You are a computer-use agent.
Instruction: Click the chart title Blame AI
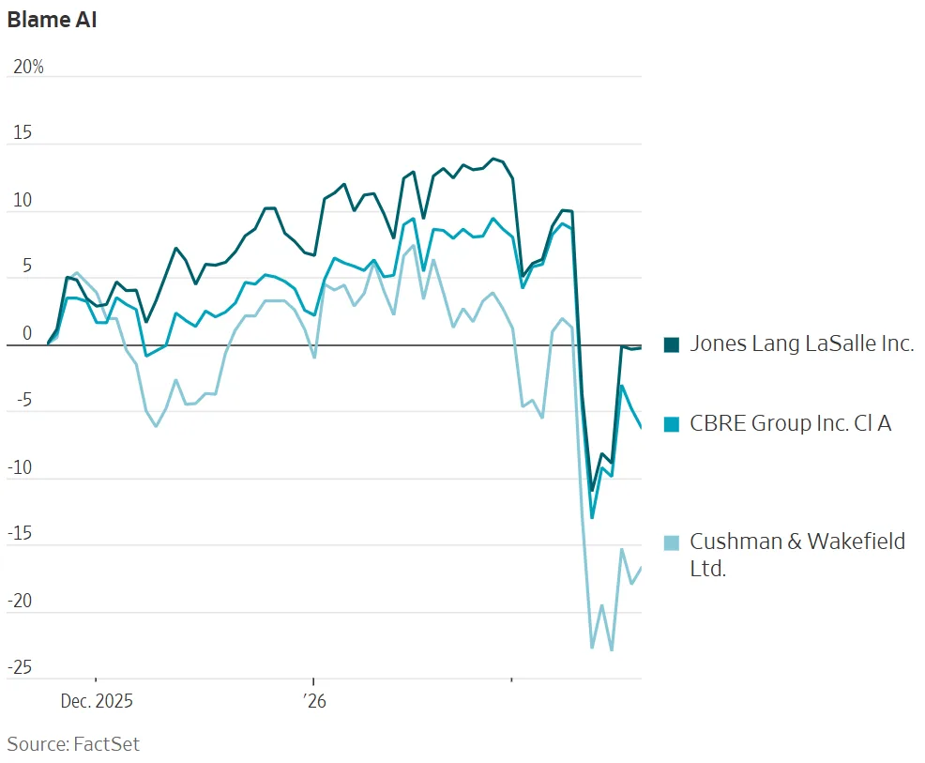52,20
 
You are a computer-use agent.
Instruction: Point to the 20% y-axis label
27,68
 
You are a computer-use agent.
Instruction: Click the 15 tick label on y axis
21,133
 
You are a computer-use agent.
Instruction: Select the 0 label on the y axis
26,334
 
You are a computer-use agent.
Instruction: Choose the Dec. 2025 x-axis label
97,701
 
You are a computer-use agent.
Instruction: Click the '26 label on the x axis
311,701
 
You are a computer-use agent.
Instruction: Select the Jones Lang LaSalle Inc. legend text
801,343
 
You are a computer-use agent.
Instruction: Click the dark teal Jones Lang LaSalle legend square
671,344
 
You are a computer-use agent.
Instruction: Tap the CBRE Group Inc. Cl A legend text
790,423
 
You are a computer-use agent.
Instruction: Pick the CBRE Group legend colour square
671,424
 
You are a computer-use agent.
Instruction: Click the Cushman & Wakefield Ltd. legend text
797,554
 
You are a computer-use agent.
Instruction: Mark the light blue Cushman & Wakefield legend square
671,542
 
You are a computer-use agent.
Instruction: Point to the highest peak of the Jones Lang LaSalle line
493,159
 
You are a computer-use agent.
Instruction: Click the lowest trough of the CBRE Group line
592,517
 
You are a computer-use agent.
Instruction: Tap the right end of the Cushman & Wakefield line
642,567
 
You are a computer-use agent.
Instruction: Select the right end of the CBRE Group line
642,428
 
